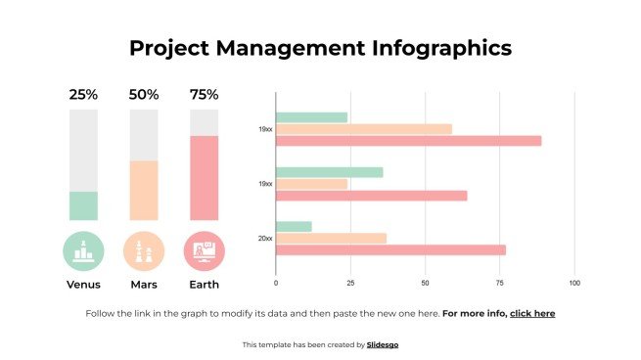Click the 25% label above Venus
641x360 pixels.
pos(83,95)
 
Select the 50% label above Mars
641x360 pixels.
pos(144,95)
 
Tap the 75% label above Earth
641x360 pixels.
pos(204,95)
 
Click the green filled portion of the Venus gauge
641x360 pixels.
pos(83,205)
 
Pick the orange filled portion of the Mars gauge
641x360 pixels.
pos(144,190)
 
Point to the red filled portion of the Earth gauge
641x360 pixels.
pos(204,177)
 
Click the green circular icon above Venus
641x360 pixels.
pos(83,250)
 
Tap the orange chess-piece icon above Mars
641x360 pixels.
pos(144,250)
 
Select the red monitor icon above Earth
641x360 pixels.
pos(204,250)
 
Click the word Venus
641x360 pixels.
pos(83,285)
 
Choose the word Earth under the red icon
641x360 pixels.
pos(204,285)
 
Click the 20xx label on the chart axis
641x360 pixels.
pos(265,238)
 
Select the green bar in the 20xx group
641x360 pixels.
pos(294,227)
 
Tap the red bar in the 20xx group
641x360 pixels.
pos(390,249)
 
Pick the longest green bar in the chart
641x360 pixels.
pos(329,172)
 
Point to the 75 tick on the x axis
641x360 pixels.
pos(499,283)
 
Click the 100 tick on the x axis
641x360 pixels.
pos(574,283)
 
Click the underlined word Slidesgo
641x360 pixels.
pos(383,344)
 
